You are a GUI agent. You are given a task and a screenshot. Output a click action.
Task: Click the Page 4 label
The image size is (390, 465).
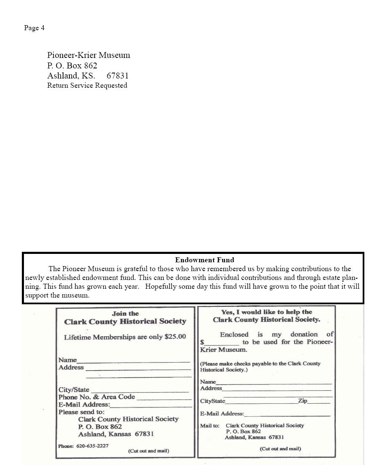point(34,28)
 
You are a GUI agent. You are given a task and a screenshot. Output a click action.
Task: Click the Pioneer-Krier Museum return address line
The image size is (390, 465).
point(89,55)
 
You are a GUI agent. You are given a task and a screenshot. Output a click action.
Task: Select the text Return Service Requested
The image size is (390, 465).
point(87,86)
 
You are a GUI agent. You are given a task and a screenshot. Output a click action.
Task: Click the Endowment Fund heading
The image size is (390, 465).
point(205,260)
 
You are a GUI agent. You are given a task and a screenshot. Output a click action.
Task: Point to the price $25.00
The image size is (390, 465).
point(175,337)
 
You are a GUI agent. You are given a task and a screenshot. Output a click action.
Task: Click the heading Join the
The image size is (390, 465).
point(125,313)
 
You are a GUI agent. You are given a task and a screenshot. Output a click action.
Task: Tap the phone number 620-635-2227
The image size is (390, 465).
point(92,446)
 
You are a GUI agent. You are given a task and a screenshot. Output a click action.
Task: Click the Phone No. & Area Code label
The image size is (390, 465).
point(97,397)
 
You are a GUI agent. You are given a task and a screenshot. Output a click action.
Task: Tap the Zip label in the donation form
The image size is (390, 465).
point(303,401)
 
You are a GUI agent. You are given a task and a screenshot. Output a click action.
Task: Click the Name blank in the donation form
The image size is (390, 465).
point(274,383)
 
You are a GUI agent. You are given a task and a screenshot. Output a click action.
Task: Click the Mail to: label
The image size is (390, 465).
point(210,426)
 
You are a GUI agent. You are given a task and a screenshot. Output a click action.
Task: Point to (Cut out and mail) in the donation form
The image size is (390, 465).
point(280,449)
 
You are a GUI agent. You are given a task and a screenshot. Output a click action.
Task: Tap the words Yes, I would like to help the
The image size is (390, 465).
point(266,312)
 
